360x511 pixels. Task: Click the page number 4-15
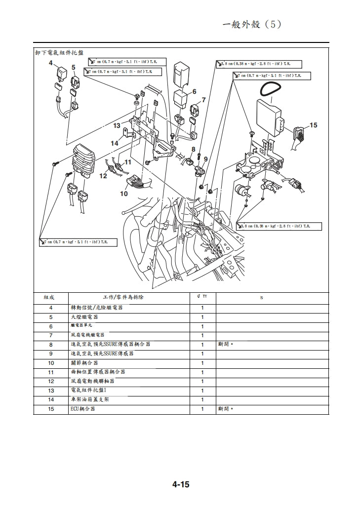(181, 484)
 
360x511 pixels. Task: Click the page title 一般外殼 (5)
(252, 25)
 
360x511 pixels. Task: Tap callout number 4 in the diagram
(50, 63)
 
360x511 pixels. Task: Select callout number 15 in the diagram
(313, 125)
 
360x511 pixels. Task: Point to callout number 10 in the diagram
(124, 194)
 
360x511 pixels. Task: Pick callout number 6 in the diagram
(194, 91)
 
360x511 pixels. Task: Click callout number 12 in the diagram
(103, 175)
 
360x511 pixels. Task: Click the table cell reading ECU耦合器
(83, 409)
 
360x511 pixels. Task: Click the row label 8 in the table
(51, 345)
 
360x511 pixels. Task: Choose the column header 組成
(49, 298)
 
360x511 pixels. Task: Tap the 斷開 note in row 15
(225, 409)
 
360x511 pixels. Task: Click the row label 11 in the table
(51, 372)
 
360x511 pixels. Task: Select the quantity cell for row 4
(202, 308)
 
